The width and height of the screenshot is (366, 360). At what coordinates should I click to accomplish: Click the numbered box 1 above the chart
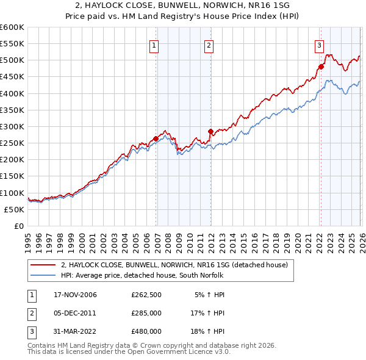(x=154, y=45)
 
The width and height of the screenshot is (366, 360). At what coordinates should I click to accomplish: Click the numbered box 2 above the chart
(x=209, y=45)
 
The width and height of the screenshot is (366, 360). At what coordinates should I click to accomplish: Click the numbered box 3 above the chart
(x=319, y=45)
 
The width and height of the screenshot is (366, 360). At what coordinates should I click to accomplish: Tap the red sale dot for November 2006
(x=156, y=139)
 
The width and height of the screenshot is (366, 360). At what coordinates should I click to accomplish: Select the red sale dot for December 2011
(x=210, y=131)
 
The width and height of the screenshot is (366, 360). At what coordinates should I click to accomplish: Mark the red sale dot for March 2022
(x=321, y=67)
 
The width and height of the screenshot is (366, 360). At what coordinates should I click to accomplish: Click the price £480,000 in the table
(x=146, y=331)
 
